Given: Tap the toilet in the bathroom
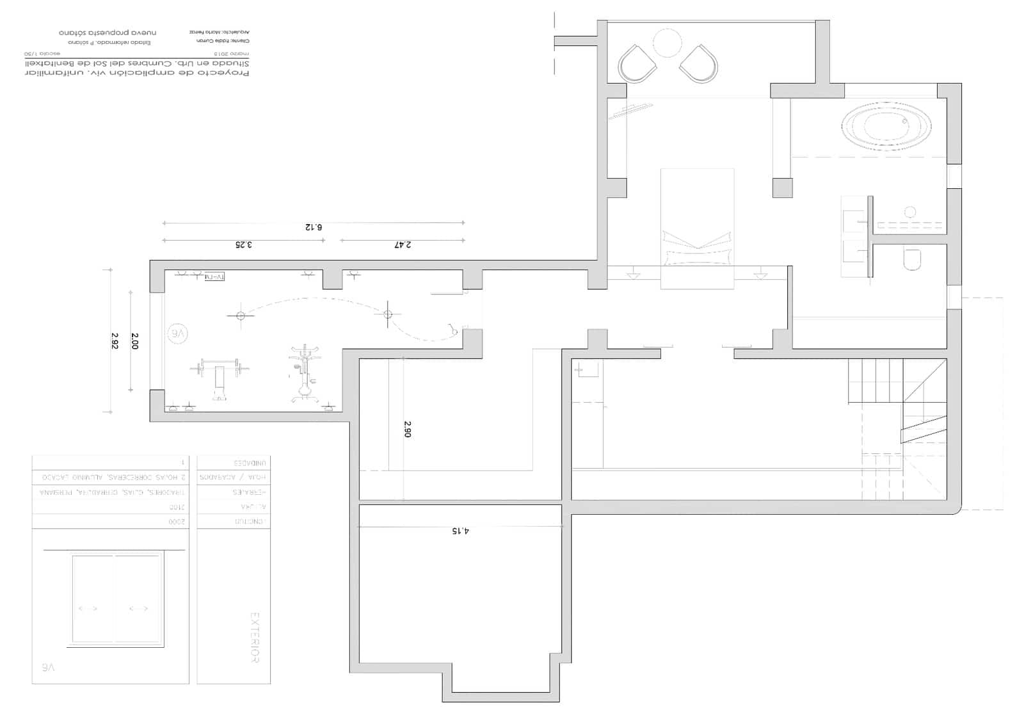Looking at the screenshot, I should pos(911,259).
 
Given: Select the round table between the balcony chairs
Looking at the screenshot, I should pos(668,44).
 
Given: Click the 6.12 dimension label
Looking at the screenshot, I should pos(313,227).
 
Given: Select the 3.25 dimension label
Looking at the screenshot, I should pos(243,245).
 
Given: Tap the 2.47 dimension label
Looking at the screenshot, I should pos(403,245).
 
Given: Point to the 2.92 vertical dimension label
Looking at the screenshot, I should pos(115,340).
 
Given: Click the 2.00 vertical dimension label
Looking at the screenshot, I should pos(134,340).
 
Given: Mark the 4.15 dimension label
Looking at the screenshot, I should pos(460,531).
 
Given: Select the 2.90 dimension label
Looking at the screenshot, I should pos(408,428).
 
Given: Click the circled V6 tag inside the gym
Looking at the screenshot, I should pos(179,333).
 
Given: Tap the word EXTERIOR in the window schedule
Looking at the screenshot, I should pos(254,638).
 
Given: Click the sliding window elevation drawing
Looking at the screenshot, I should pos(116,599).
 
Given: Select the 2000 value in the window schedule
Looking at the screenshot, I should pos(178,522).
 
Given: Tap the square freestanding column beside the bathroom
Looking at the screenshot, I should pos(782,188).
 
